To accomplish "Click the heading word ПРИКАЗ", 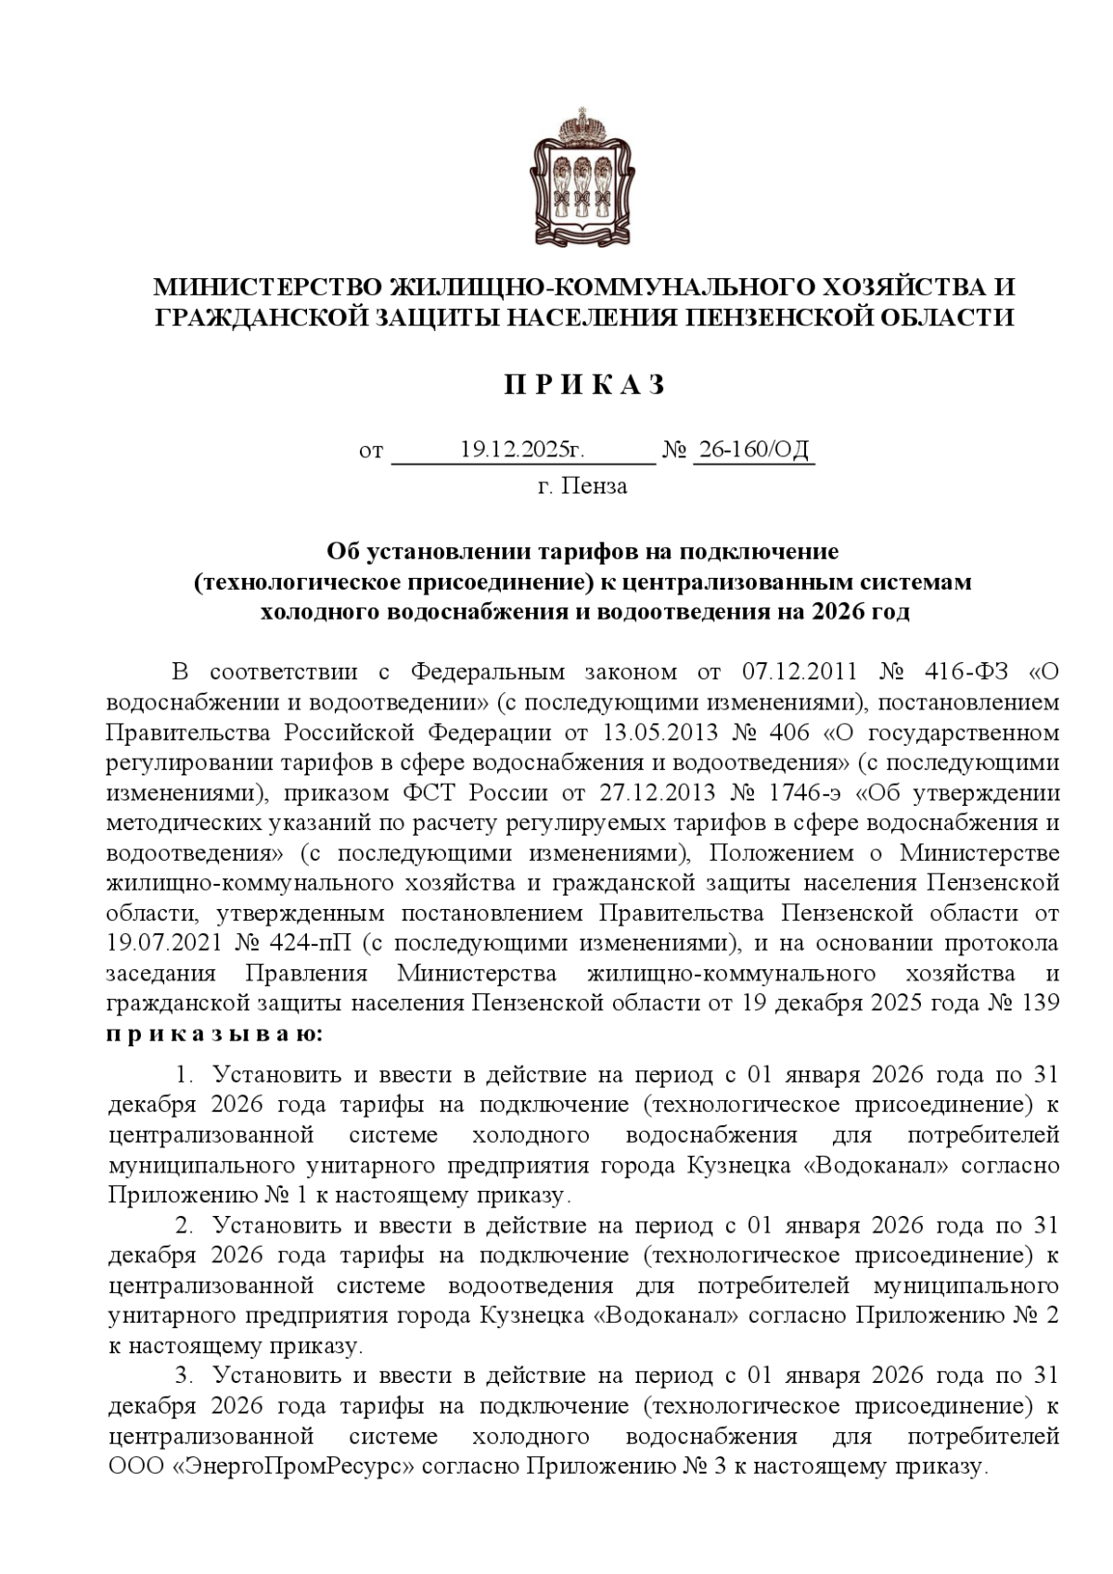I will pyautogui.click(x=584, y=385).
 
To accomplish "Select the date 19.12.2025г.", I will pyautogui.click(x=523, y=451).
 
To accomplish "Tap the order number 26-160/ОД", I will pyautogui.click(x=753, y=451).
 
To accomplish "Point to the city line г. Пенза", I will pyautogui.click(x=582, y=486).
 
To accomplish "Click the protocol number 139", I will pyautogui.click(x=1042, y=1003).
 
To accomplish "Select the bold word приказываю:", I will pyautogui.click(x=215, y=1032).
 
